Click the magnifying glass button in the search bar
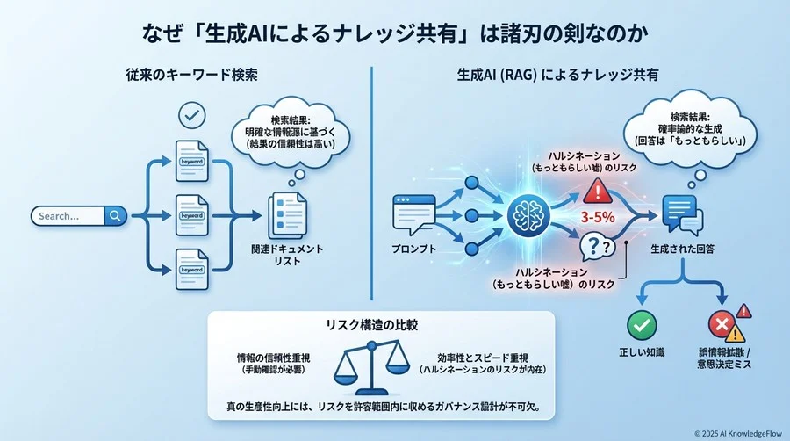[x=115, y=215]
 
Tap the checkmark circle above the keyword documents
[x=191, y=114]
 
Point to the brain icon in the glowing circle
[x=528, y=213]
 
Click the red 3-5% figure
[x=599, y=213]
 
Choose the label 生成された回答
[x=682, y=249]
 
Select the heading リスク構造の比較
[x=380, y=324]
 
